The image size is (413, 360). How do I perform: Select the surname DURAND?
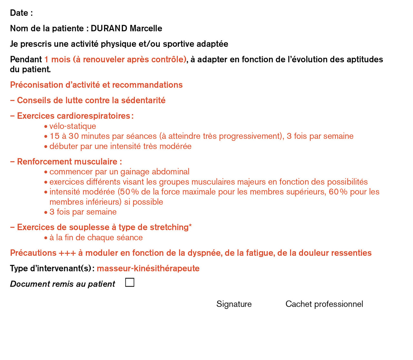[109, 28]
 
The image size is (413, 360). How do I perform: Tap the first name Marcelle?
[146, 28]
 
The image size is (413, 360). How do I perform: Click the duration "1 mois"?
[57, 59]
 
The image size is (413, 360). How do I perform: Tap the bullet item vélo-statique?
[73, 126]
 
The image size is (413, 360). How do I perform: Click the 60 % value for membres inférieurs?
[338, 192]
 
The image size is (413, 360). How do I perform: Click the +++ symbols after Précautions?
[67, 253]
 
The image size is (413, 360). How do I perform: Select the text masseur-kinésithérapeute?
[148, 268]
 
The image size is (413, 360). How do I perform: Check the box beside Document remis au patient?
[130, 283]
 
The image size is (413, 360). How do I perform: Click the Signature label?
[234, 304]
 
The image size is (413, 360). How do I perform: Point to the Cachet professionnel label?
[324, 304]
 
